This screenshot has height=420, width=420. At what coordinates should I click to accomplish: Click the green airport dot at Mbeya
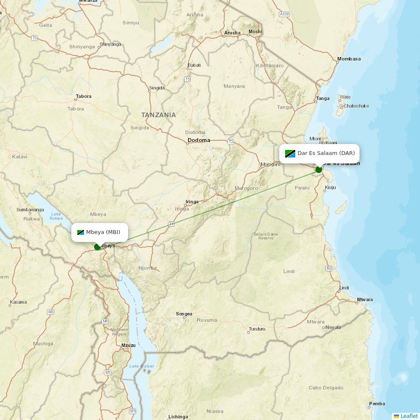[x=97, y=247]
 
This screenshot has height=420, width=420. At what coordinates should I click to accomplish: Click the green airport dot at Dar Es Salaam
[x=319, y=170]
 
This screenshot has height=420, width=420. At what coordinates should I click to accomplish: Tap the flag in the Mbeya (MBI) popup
[x=81, y=232]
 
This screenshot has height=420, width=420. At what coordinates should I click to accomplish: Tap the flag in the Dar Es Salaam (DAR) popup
[x=290, y=153]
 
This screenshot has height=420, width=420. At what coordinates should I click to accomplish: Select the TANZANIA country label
[x=158, y=115]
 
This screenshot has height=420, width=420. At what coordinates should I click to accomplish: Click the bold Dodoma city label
[x=199, y=140]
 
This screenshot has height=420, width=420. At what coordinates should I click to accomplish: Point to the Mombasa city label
[x=349, y=59]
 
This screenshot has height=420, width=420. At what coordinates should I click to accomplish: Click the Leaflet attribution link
[x=409, y=416]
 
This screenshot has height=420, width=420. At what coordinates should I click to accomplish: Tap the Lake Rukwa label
[x=56, y=216]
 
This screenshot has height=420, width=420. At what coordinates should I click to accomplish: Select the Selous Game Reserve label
[x=266, y=236]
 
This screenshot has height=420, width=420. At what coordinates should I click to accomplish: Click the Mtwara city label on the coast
[x=364, y=299]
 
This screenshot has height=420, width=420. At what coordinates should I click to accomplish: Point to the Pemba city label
[x=377, y=404]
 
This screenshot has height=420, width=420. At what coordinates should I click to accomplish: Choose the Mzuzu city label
[x=128, y=345]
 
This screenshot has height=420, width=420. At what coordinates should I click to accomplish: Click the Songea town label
[x=184, y=314]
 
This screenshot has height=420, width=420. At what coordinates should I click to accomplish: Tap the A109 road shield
[x=284, y=14]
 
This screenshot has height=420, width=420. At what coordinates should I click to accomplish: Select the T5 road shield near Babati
[x=187, y=79]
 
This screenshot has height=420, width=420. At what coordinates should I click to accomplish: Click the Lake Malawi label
[x=142, y=366]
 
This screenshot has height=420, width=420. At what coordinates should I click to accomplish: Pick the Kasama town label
[x=18, y=302]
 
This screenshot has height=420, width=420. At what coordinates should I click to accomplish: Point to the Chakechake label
[x=356, y=106]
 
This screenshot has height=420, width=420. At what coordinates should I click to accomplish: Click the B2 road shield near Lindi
[x=329, y=268]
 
